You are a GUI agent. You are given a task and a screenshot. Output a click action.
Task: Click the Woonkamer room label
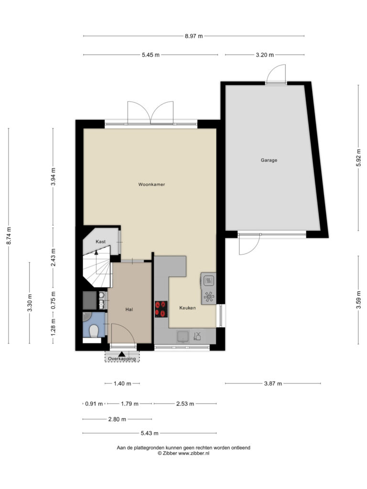click(x=151, y=184)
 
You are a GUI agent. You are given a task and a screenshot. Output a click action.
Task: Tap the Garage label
click(x=269, y=160)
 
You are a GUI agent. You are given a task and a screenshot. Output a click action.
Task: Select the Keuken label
click(x=187, y=308)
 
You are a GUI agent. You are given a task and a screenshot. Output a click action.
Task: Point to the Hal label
click(x=129, y=309)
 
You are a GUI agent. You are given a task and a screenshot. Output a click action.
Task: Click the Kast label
click(x=100, y=242)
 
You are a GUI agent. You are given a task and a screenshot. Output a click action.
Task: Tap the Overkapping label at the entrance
click(x=122, y=359)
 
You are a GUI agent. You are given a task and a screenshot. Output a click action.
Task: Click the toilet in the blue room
click(x=94, y=331)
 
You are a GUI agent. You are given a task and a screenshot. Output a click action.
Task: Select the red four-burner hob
click(x=161, y=309)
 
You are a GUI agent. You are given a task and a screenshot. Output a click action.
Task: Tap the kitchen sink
click(x=183, y=337)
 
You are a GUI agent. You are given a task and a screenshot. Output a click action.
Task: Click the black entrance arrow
click(x=122, y=354)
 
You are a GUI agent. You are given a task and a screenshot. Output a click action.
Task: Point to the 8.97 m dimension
click(x=194, y=36)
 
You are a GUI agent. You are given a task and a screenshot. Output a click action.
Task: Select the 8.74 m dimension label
click(x=9, y=236)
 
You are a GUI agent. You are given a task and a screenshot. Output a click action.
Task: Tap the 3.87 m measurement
click(x=273, y=383)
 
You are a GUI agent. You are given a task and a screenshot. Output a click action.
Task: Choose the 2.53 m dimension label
click(x=185, y=404)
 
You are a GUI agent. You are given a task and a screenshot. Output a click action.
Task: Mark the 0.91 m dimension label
click(x=94, y=404)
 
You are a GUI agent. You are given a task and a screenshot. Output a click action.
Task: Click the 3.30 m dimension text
click(x=30, y=303)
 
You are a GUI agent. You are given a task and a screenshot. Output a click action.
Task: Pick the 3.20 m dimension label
click(x=265, y=55)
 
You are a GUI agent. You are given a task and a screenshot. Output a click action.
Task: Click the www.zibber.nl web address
click(x=194, y=454)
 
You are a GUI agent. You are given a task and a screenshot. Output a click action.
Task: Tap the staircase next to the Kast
click(x=97, y=267)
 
